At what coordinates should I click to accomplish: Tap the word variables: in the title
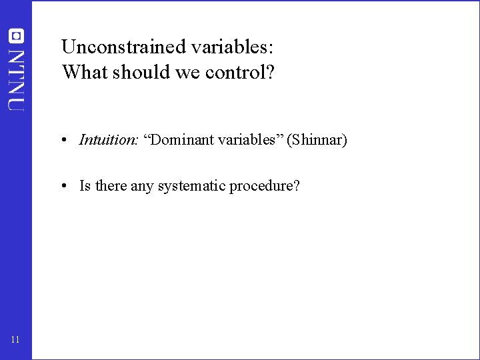tap(230, 47)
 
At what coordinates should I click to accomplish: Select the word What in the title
tap(83, 71)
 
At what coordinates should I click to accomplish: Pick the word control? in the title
tap(239, 71)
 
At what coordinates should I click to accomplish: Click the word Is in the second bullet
tap(85, 186)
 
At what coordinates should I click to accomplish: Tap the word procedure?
tap(265, 186)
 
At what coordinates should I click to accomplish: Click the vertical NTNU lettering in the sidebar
tap(17, 79)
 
